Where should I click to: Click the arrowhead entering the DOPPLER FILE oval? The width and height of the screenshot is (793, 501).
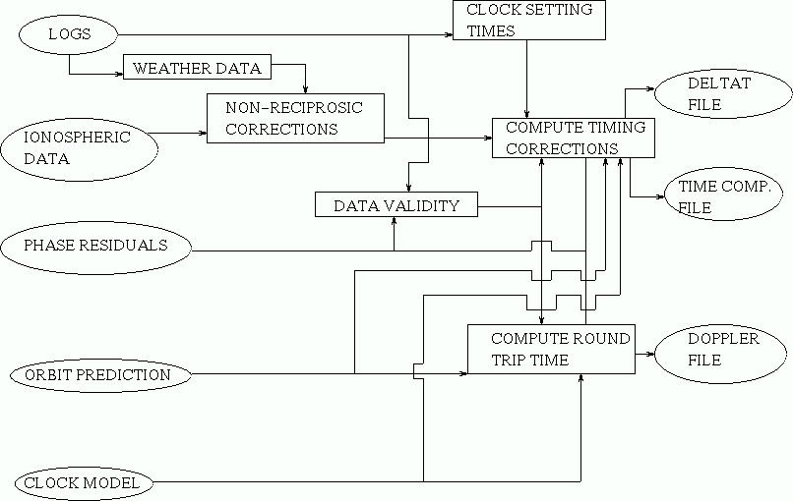(651, 354)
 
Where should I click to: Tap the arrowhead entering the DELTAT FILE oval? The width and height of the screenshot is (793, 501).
(651, 88)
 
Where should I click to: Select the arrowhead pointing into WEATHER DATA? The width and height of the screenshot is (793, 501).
(120, 75)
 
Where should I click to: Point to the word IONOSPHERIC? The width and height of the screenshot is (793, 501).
(77, 137)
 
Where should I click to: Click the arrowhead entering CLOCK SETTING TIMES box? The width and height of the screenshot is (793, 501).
(449, 34)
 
